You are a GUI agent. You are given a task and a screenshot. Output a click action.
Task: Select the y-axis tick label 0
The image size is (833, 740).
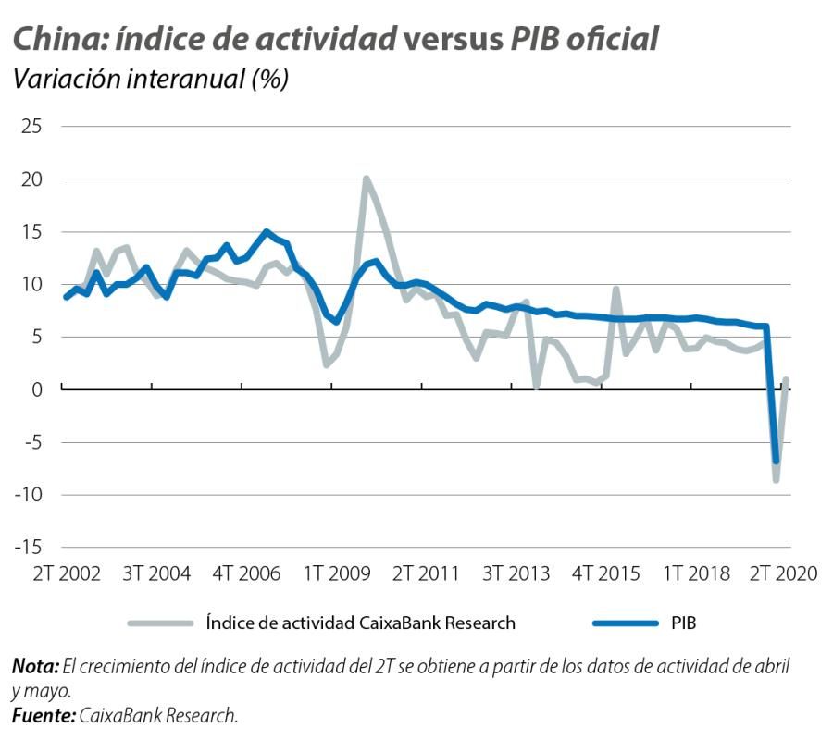pyautogui.click(x=36, y=389)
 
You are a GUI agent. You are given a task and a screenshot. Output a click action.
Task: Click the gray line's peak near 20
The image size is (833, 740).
pyautogui.click(x=367, y=179)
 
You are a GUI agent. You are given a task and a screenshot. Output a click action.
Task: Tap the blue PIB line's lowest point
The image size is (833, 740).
pyautogui.click(x=776, y=461)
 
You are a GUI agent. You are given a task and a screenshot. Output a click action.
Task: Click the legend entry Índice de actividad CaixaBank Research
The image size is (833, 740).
pyautogui.click(x=360, y=623)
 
